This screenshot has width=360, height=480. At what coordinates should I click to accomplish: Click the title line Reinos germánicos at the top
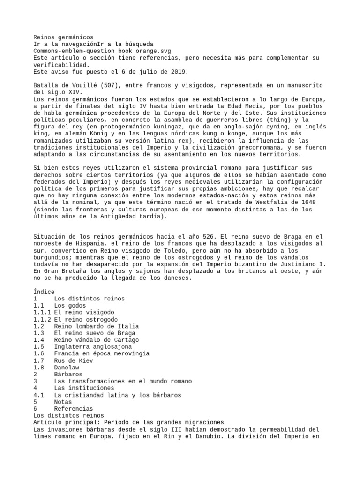coord(63,37)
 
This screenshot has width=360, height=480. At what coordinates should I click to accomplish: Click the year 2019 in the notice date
coord(179,72)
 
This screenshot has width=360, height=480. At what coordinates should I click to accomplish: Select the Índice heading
coord(44,292)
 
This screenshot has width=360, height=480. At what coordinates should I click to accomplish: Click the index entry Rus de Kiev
coord(74,361)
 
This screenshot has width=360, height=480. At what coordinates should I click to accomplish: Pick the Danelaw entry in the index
coord(67,368)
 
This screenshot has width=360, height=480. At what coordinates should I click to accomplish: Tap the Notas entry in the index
coord(63,402)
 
